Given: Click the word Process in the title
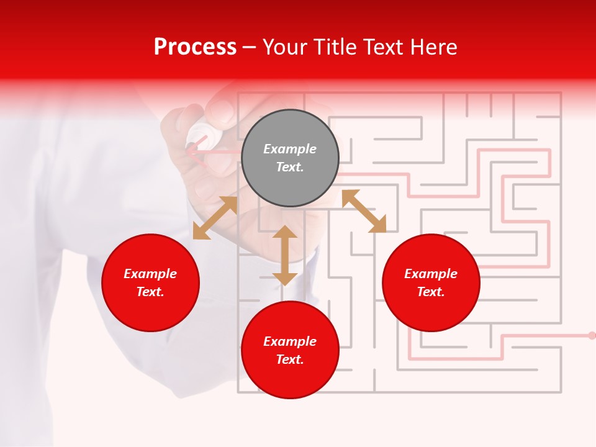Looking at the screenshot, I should (195, 47).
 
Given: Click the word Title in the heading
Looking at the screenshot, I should (335, 47).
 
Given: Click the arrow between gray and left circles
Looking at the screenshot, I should (215, 218).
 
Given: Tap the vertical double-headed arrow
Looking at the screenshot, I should (285, 255).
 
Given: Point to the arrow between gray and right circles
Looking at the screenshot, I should (364, 211).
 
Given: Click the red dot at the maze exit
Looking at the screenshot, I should (592, 335).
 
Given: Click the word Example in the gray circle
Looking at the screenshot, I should (290, 149).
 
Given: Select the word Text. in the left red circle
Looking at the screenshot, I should (150, 292).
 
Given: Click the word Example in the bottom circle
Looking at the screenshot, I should (290, 341).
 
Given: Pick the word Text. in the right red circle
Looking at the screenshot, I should (431, 292).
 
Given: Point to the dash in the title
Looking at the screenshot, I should (249, 47).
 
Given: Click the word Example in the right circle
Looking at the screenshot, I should (431, 274).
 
